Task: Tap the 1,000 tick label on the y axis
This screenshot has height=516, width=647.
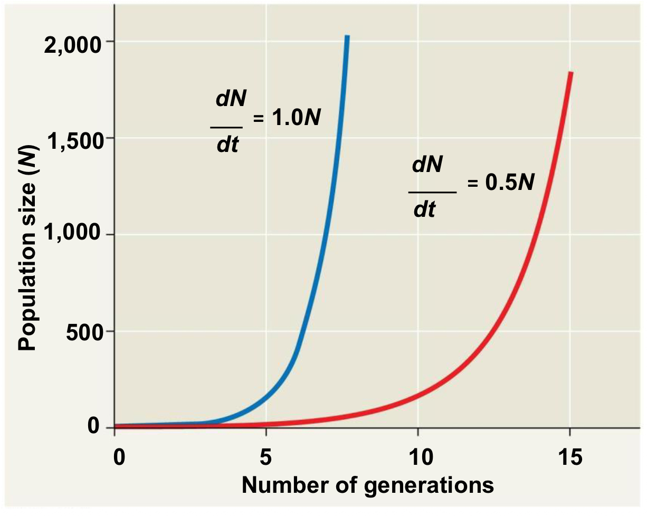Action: [x=72, y=235]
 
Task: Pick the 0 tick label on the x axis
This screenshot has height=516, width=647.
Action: [x=120, y=457]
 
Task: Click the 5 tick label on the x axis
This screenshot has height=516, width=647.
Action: [x=267, y=457]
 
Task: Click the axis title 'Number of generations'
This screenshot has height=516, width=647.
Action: [x=367, y=484]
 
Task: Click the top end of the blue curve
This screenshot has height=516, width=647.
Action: [x=347, y=36]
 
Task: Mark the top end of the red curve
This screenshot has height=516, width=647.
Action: [x=570, y=73]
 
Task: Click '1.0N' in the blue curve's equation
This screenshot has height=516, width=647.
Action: [x=295, y=118]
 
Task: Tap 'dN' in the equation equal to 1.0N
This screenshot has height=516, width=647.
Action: [x=231, y=99]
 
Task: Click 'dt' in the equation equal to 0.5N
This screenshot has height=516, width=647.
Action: [x=425, y=211]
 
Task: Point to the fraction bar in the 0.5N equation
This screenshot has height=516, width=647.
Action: [x=432, y=192]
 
